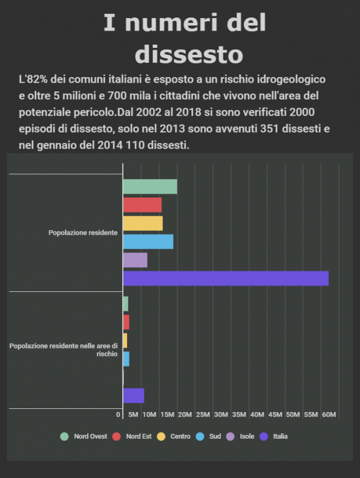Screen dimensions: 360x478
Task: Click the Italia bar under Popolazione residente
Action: pyautogui.click(x=225, y=278)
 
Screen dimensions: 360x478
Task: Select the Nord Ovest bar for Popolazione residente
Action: pyautogui.click(x=150, y=187)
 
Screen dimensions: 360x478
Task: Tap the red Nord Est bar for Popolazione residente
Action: pyautogui.click(x=143, y=205)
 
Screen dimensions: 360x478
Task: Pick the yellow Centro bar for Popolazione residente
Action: pyautogui.click(x=143, y=223)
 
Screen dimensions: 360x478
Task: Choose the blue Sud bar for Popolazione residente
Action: pyautogui.click(x=148, y=241)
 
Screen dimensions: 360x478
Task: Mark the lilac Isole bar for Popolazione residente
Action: pyautogui.click(x=135, y=260)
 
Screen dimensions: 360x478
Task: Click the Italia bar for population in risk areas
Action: pyautogui.click(x=134, y=396)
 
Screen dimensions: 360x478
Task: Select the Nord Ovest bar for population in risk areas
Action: pyautogui.click(x=126, y=304)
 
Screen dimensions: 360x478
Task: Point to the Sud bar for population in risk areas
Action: pyautogui.click(x=126, y=358)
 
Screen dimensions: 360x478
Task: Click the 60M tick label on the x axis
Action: pyautogui.click(x=329, y=415)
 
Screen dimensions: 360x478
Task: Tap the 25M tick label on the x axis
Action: pyautogui.click(x=203, y=415)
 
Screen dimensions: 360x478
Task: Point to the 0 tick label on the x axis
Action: pyautogui.click(x=118, y=415)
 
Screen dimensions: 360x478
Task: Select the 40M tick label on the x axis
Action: pyautogui.click(x=257, y=415)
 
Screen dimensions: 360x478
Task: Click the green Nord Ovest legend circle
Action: pyautogui.click(x=64, y=436)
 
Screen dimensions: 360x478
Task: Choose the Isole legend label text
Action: pyautogui.click(x=247, y=436)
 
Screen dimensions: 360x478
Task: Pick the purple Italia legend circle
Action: pyautogui.click(x=263, y=436)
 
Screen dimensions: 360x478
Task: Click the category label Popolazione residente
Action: pyautogui.click(x=83, y=233)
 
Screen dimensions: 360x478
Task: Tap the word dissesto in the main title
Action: pyautogui.click(x=189, y=55)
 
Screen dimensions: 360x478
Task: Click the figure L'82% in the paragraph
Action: pyautogui.click(x=33, y=79)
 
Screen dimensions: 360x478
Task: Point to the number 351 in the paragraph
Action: pyautogui.click(x=270, y=129)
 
